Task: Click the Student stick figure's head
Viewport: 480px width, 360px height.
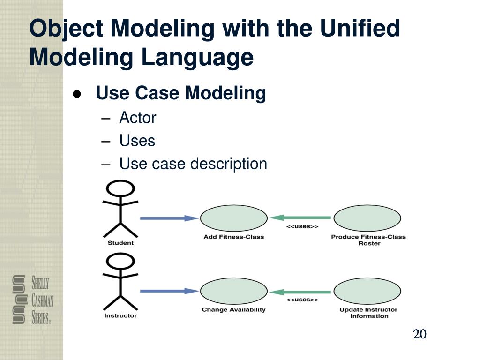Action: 120,189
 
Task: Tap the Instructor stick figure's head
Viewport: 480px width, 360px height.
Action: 120,261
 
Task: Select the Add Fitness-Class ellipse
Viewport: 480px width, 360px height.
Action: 234,218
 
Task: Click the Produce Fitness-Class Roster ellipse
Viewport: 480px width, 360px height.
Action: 367,218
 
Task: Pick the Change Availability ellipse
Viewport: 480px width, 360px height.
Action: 234,291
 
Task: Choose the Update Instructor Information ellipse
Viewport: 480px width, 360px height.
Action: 367,291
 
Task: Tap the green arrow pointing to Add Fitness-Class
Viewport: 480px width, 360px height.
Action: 300,218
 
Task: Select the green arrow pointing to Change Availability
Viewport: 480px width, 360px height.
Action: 300,292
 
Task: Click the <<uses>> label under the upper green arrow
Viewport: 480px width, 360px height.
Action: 302,227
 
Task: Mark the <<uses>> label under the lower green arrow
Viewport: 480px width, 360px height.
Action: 302,300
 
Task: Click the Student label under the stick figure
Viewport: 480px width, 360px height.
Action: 120,243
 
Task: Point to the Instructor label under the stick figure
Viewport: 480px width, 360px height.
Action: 120,315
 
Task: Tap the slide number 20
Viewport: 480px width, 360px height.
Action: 420,334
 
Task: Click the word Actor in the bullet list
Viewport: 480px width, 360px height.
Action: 137,118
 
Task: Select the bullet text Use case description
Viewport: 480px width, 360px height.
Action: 193,164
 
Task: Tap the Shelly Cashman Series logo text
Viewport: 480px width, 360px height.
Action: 41,300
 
